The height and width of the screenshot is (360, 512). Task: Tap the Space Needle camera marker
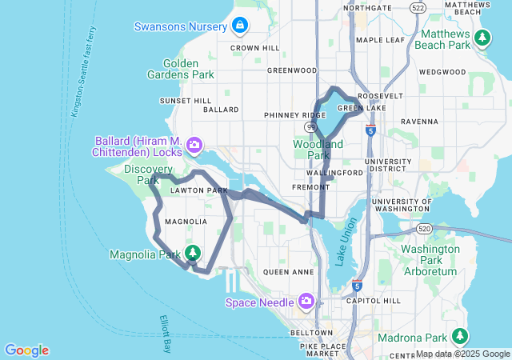[x=306, y=302]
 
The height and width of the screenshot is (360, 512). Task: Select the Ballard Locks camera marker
[x=194, y=145]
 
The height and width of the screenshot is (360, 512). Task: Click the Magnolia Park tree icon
[x=193, y=254]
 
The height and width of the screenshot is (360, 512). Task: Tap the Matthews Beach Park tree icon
[x=482, y=38]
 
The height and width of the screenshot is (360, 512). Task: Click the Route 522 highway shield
[x=416, y=7]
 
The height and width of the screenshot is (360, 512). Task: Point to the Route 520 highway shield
[x=424, y=228]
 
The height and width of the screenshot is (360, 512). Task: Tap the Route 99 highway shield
[x=310, y=126]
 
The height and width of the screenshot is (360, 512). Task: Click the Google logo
[x=26, y=350]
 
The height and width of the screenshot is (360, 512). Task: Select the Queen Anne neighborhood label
[x=287, y=272]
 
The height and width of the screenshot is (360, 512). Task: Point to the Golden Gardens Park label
[x=180, y=69]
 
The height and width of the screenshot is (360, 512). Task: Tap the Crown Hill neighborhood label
[x=255, y=48]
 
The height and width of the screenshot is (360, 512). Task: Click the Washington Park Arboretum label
[x=429, y=260]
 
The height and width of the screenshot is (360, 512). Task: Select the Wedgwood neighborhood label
[x=442, y=72]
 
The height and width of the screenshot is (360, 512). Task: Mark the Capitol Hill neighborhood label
[x=369, y=301]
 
